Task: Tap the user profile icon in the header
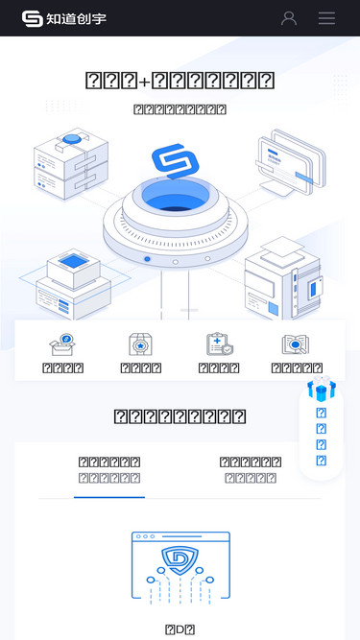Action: click(x=289, y=18)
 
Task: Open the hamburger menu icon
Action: click(x=326, y=18)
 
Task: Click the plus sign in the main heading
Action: click(x=145, y=82)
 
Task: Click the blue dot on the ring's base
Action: click(x=147, y=259)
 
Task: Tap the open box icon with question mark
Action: click(x=63, y=344)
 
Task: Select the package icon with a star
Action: click(x=141, y=344)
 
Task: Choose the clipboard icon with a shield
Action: click(x=219, y=344)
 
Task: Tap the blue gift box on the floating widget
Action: click(x=322, y=389)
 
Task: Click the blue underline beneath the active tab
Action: click(x=108, y=497)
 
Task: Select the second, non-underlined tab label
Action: click(x=251, y=469)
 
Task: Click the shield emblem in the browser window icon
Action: click(x=180, y=559)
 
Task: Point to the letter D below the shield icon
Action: click(x=180, y=630)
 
